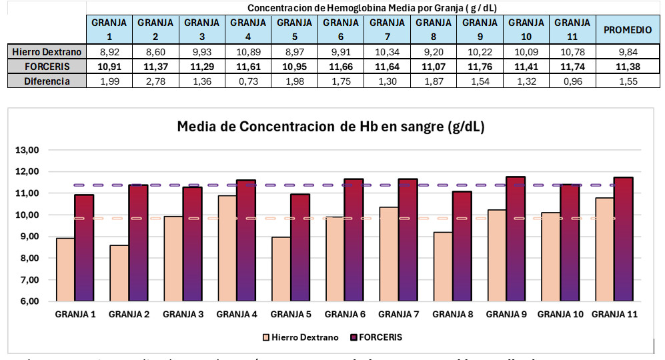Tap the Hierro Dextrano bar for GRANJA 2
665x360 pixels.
coord(119,273)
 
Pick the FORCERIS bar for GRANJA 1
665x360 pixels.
coord(84,247)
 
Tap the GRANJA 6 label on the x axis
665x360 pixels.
coord(344,315)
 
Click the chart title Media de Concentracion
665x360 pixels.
coord(330,127)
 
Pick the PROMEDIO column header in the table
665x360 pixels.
coord(627,30)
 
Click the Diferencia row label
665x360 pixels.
coord(47,81)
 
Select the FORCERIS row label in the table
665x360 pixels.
coord(47,66)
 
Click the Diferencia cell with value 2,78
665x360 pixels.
coord(155,81)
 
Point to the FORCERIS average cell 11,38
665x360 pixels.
coord(627,66)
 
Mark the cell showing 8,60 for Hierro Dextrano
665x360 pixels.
coord(155,51)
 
